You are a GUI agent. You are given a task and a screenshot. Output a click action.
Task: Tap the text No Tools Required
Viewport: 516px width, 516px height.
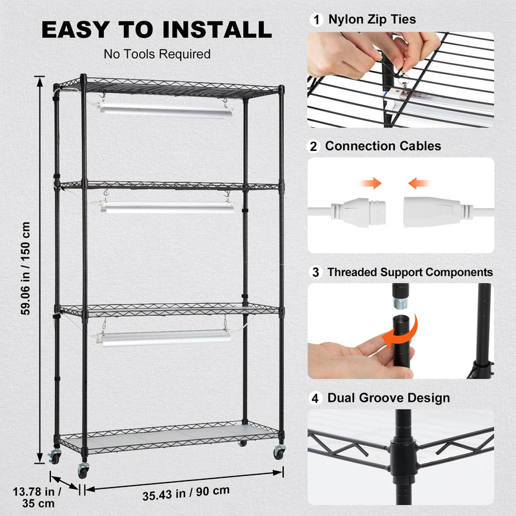tap(157, 54)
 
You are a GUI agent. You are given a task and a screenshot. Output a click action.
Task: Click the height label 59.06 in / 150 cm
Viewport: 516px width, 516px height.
tap(26, 268)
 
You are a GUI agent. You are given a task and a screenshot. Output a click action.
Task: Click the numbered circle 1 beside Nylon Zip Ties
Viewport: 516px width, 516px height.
tap(315, 19)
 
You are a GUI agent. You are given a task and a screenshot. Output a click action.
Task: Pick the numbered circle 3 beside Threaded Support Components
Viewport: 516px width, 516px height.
tap(315, 272)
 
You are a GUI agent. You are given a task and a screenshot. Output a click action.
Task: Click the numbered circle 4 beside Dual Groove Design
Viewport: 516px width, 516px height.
tap(315, 398)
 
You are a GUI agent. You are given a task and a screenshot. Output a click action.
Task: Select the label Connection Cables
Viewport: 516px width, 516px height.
tap(383, 146)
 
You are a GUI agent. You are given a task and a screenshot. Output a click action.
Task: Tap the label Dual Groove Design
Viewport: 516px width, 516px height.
tap(388, 398)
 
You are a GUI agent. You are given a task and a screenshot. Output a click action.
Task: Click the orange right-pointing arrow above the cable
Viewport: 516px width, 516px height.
tap(372, 183)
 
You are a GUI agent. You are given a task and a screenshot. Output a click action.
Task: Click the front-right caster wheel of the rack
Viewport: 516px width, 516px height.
tap(279, 452)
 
